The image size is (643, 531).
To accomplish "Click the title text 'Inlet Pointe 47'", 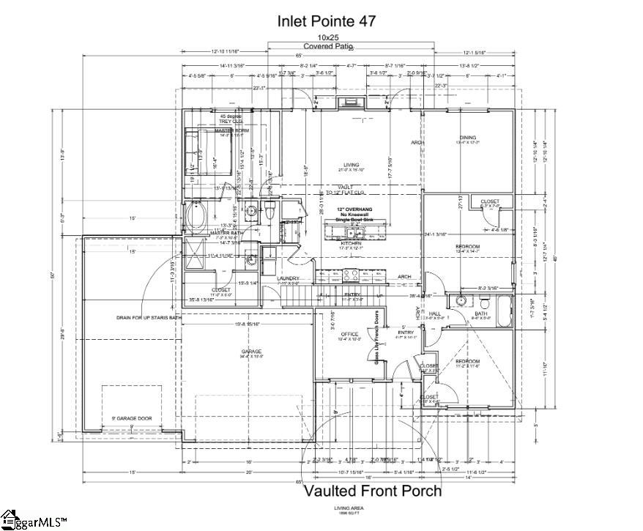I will (x=327, y=21).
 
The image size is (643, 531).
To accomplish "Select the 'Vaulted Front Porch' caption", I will (x=373, y=490).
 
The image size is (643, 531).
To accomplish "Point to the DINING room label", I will (x=467, y=138).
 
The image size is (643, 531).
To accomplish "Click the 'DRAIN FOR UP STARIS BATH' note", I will (x=149, y=318).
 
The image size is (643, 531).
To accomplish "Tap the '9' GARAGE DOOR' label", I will (x=132, y=418).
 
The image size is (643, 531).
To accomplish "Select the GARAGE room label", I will (x=251, y=352).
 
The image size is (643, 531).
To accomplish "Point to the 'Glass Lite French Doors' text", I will (x=377, y=337).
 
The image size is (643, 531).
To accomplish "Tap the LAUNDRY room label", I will (x=287, y=278).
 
